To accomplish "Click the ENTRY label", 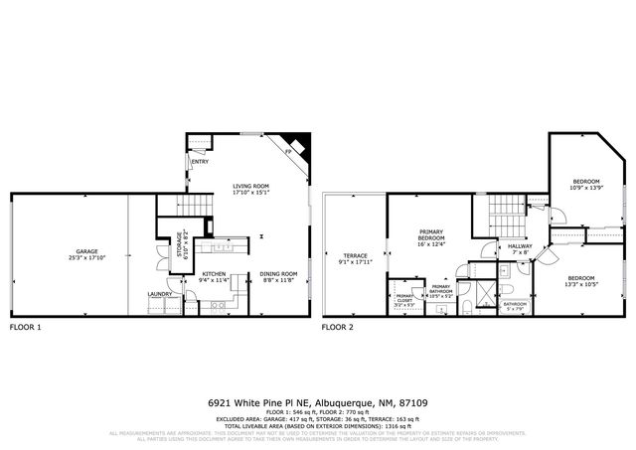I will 200,162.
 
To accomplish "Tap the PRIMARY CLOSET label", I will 404,299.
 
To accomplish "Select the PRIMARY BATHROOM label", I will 440,292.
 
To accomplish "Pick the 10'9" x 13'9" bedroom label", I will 585,185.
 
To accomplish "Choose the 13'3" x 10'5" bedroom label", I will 581,281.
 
